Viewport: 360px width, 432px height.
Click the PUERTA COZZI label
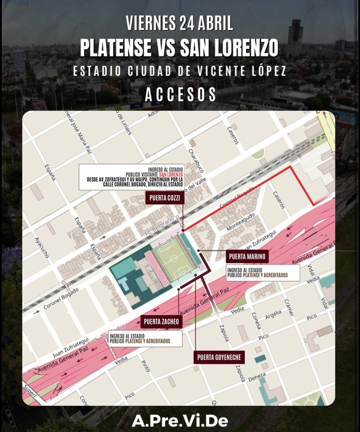tap(164, 198)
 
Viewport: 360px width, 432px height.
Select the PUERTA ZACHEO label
tap(161, 321)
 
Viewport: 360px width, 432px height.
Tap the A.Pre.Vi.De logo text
tap(179, 421)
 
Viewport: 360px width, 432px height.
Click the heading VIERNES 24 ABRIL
tap(179, 22)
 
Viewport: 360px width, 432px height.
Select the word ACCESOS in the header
tap(180, 94)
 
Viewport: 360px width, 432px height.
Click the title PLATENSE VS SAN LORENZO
tap(179, 48)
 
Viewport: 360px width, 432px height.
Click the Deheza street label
tap(257, 378)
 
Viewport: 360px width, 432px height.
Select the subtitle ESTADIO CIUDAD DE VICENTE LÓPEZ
tap(179, 71)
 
